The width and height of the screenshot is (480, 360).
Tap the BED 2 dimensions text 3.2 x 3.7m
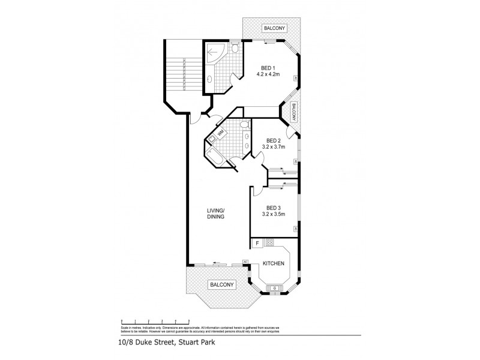pyautogui.click(x=273, y=146)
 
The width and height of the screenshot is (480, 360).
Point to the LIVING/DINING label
pyautogui.click(x=215, y=213)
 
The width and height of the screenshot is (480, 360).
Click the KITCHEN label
pyautogui.click(x=274, y=263)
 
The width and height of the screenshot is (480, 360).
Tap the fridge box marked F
pyautogui.click(x=257, y=243)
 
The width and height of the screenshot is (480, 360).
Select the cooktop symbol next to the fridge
pyautogui.click(x=269, y=243)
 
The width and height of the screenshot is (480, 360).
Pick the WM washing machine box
pyautogui.click(x=221, y=133)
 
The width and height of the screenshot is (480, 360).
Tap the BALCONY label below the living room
pyautogui.click(x=220, y=285)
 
